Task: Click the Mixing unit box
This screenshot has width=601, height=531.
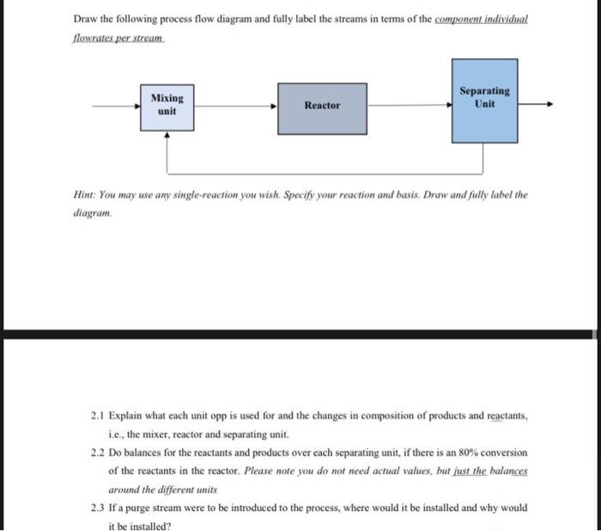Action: [x=167, y=107]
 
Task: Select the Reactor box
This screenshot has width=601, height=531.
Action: [x=322, y=107]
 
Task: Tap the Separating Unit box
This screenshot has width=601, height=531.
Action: [x=484, y=98]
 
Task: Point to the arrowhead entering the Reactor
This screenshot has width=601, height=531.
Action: [x=275, y=107]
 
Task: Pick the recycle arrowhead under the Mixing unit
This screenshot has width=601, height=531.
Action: [x=168, y=135]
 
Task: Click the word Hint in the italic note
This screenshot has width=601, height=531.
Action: [x=83, y=195]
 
